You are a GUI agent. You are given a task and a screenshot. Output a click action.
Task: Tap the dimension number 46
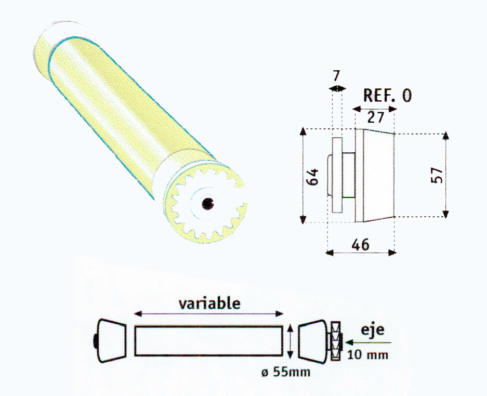coord(360,244)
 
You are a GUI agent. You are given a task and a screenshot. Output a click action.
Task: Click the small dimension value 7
coord(337,76)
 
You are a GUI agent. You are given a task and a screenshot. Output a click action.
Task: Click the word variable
coord(209,303)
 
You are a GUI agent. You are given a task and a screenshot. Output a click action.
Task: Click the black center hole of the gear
coord(208,203)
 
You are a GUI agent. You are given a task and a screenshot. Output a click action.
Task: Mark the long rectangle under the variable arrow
coord(208,340)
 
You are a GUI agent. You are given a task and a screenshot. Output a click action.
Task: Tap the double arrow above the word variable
coord(208,314)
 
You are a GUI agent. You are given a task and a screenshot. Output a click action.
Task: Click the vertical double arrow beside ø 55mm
coord(290,340)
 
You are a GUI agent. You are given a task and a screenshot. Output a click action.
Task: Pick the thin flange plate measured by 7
coord(337,175)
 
